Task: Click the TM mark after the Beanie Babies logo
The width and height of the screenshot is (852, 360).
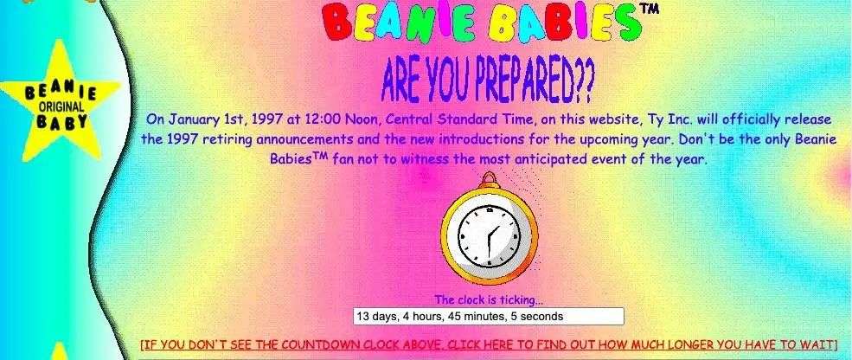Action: [650, 8]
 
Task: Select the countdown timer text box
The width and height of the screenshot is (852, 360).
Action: [489, 317]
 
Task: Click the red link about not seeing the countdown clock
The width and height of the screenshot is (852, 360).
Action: [489, 344]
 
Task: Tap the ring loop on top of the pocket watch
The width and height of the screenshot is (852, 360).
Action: [489, 179]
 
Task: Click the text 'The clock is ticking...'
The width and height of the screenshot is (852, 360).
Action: [489, 299]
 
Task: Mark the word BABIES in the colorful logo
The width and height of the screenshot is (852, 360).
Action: [562, 22]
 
